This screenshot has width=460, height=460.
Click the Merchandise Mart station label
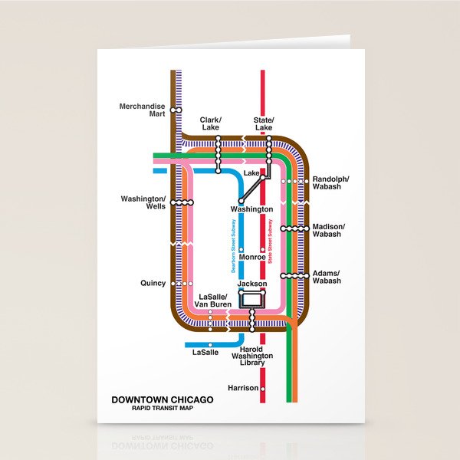[142, 110]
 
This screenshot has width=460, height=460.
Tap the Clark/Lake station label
[210, 124]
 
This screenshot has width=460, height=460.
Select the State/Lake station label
[264, 124]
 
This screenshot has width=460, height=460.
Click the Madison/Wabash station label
[329, 230]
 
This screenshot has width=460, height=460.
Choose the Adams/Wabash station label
[327, 277]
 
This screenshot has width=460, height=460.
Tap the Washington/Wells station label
[143, 202]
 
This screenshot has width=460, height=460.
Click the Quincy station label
[153, 283]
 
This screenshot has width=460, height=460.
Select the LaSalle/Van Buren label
[215, 301]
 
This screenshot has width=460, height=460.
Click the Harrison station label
[243, 388]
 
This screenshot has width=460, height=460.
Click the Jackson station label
[252, 284]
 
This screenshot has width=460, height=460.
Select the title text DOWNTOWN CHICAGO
[163, 399]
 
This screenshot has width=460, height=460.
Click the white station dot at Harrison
[263, 388]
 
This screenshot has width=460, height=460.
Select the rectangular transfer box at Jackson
[252, 300]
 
